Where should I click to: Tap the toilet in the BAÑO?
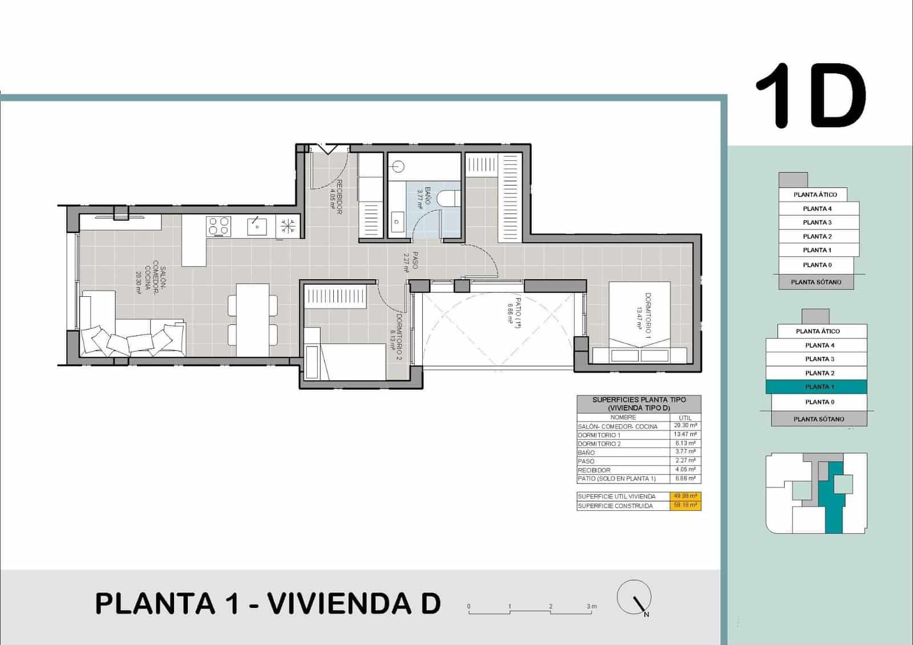tap(450, 198)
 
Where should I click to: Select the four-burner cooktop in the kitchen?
tap(219, 226)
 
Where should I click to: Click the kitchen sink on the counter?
tap(257, 227)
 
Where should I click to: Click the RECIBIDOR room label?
tap(337, 197)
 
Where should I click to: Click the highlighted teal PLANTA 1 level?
tap(816, 387)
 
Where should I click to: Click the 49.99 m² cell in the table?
tap(685, 496)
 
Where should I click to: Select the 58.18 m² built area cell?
tap(685, 506)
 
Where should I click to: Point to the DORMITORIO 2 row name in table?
tap(599, 444)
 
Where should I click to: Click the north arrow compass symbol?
tap(635, 598)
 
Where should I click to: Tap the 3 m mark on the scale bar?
tap(592, 607)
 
